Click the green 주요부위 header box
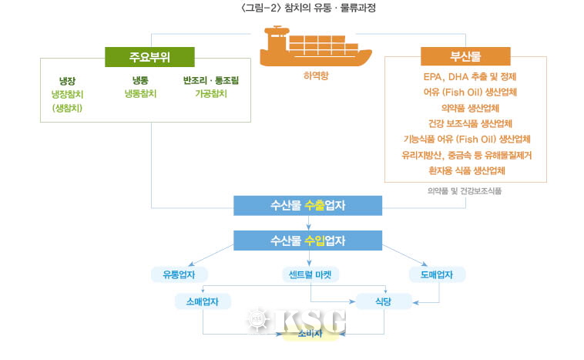[149, 56]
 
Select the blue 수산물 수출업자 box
[308, 206]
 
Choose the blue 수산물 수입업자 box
[308, 241]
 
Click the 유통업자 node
[179, 275]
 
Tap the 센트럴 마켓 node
[310, 275]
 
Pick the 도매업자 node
[436, 275]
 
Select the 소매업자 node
[203, 301]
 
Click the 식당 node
[383, 301]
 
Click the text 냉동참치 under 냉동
[140, 93]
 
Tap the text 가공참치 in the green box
[210, 93]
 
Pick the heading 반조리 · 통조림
[210, 79]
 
